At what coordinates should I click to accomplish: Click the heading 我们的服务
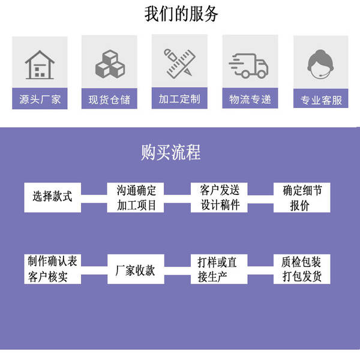point(181,14)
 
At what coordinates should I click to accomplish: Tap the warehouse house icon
point(40,65)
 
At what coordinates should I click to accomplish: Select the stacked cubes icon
point(110,64)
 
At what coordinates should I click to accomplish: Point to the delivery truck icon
point(248,65)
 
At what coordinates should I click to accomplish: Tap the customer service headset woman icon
point(321,64)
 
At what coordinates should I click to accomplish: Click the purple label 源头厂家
point(40,98)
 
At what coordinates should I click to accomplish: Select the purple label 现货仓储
point(109,99)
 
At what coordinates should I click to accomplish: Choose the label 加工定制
point(179,98)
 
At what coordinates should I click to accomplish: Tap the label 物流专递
point(250,98)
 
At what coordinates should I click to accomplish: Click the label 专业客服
point(321,98)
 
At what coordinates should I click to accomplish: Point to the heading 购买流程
point(170,152)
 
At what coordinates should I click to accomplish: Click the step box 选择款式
point(53,197)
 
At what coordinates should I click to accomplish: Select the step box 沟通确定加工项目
point(136,197)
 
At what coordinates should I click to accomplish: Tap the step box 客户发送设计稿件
point(219,197)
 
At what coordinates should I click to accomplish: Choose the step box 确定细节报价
point(302,197)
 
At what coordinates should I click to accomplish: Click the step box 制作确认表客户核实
point(53,269)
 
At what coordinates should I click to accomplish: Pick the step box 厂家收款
point(136,269)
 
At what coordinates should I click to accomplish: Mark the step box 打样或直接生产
point(219,269)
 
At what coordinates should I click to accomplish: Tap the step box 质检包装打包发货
point(302,269)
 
